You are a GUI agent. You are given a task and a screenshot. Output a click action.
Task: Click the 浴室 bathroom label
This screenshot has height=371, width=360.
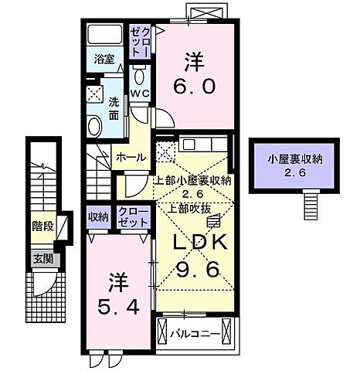point(104,57)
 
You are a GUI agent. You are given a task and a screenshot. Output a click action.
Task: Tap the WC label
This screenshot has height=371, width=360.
point(139,94)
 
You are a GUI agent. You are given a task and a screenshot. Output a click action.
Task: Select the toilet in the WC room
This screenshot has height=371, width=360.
point(139,74)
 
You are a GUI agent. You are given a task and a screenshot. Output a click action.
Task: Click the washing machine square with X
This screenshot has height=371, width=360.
point(96,94)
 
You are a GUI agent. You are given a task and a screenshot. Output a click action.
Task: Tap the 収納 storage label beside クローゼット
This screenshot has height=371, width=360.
point(99,216)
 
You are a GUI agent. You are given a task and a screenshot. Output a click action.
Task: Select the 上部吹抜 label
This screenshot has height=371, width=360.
point(182,207)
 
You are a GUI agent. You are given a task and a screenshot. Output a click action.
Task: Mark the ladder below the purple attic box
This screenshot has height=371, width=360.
point(311,203)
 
